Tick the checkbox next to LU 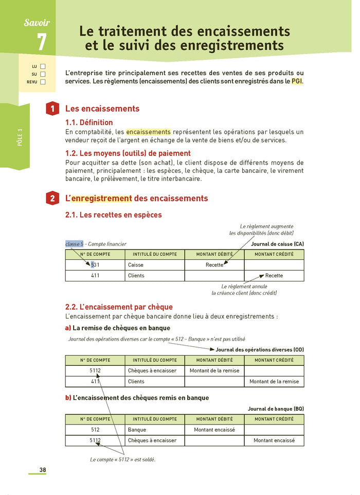coord(43,66)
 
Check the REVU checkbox coord(43,82)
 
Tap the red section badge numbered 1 coord(52,109)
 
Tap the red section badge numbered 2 coord(52,199)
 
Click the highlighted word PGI coord(297,82)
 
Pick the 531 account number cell coord(95,265)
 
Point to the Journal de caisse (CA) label coord(277,244)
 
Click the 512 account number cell coord(95,430)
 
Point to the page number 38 coord(43,470)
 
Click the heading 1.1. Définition coord(89,122)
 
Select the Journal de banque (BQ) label coord(276,409)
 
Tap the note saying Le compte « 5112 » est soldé coord(122,459)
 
